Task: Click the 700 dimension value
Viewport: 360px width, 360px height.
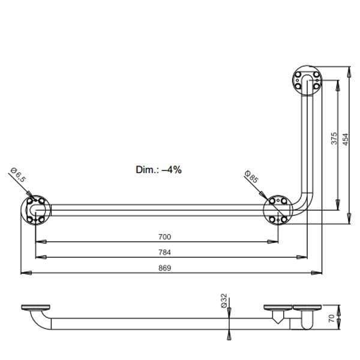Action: click(164, 237)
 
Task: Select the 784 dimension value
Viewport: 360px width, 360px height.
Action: click(164, 253)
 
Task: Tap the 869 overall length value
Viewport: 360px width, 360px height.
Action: click(164, 268)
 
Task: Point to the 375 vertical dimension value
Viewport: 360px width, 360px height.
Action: click(334, 138)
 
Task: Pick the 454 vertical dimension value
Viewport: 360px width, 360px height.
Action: click(346, 139)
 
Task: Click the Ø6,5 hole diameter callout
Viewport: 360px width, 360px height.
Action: click(18, 175)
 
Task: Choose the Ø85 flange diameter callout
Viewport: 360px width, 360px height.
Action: click(251, 176)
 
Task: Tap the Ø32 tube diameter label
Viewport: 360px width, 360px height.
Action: click(224, 301)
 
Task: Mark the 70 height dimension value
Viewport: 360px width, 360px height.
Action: click(331, 318)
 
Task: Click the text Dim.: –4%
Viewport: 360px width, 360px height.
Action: click(158, 170)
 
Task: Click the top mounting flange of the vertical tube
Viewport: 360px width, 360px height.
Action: click(307, 80)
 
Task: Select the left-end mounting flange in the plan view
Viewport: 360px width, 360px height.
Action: click(36, 210)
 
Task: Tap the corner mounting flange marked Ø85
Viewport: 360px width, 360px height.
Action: click(278, 210)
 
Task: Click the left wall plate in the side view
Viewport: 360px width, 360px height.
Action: click(35, 307)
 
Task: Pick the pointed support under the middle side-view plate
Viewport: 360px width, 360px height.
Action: click(278, 317)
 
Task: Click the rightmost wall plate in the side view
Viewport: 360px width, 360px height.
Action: click(307, 307)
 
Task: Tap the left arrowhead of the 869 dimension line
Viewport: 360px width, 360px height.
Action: click(26, 273)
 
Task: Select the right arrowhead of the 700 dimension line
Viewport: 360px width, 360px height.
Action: click(273, 242)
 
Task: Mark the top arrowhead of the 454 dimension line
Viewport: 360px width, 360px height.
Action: click(349, 71)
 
